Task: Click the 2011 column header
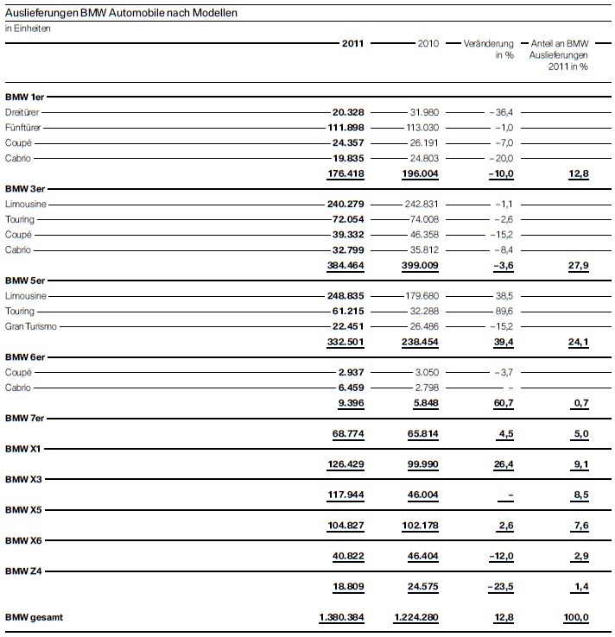tap(352, 42)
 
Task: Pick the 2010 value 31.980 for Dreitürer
tap(424, 112)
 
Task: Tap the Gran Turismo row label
tap(28, 326)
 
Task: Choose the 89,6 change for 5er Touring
tap(504, 311)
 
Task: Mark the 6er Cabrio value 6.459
tap(353, 388)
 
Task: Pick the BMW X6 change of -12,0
tap(500, 557)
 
